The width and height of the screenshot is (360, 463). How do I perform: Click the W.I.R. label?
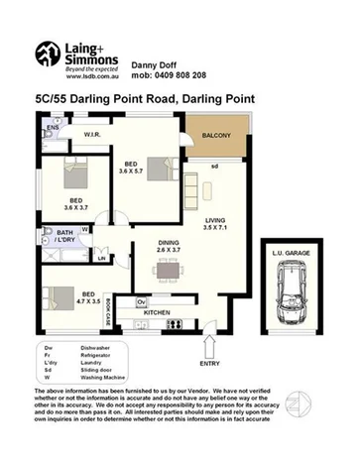[x=95, y=134]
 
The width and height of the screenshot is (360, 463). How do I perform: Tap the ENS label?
[x=53, y=129]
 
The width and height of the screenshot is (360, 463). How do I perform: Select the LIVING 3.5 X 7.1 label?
[x=217, y=225]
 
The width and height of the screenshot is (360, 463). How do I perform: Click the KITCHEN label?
[x=159, y=312]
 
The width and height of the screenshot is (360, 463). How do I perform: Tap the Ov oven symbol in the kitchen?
[x=142, y=300]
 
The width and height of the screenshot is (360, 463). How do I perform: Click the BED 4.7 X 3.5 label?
[x=89, y=298]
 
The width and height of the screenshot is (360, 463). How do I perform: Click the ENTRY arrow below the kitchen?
[x=209, y=347]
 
